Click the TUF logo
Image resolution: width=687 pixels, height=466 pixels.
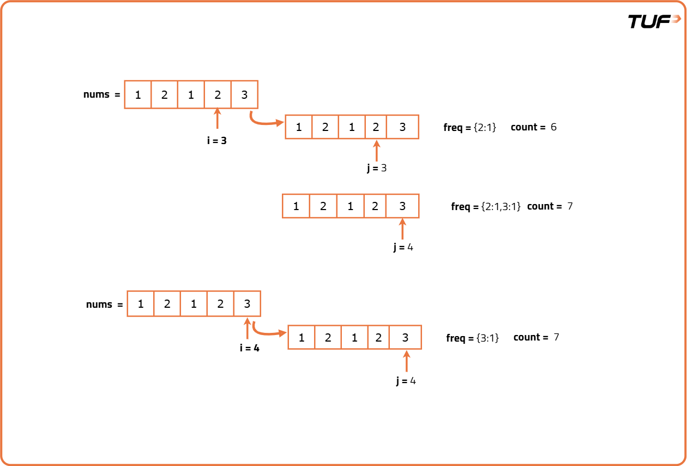tap(654, 21)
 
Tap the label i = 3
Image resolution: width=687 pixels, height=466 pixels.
tap(216, 141)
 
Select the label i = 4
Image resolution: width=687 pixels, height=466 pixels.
tap(249, 348)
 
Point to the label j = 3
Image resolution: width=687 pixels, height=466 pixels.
tap(376, 168)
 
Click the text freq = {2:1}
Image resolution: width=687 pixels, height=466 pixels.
tap(469, 128)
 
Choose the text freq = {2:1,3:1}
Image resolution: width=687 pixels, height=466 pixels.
tap(486, 207)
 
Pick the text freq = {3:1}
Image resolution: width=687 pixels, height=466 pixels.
tap(472, 338)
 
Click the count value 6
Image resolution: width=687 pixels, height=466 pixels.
tap(553, 127)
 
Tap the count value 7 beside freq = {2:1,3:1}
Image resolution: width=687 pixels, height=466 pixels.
tap(570, 206)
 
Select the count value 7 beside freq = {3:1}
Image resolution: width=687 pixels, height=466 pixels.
tap(556, 337)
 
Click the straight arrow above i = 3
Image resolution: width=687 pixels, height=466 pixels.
tap(218, 119)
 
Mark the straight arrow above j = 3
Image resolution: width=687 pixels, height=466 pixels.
tap(376, 151)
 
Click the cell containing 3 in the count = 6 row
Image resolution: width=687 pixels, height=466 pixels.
tap(402, 127)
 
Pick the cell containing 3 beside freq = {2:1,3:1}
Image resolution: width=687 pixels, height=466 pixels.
tap(402, 206)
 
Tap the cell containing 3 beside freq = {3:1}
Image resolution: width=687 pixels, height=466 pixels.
tap(405, 338)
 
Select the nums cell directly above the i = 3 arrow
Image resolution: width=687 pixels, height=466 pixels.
tap(218, 95)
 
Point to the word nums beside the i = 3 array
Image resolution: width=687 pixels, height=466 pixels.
tap(97, 94)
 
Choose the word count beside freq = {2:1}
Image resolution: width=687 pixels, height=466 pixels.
tap(524, 127)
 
